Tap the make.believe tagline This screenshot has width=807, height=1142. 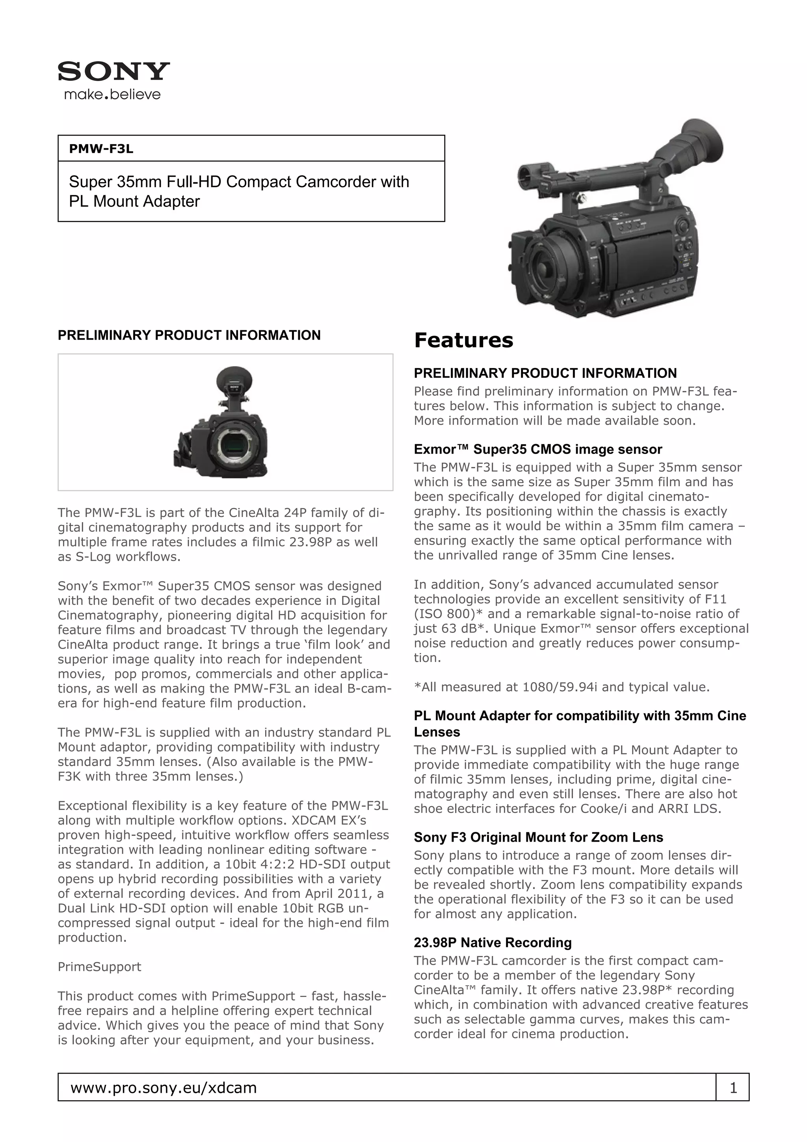pyautogui.click(x=112, y=95)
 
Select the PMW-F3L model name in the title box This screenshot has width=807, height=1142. pyautogui.click(x=101, y=149)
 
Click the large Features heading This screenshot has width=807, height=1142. pyautogui.click(x=463, y=341)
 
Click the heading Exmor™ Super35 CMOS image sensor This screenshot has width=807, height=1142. pyautogui.click(x=537, y=449)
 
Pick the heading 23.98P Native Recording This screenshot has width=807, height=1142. pyautogui.click(x=493, y=943)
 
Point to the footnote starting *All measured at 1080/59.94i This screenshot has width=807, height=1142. pyautogui.click(x=562, y=687)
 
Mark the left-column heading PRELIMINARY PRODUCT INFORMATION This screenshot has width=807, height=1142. pyautogui.click(x=189, y=335)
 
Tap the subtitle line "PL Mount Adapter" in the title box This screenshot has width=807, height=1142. pyautogui.click(x=134, y=201)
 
